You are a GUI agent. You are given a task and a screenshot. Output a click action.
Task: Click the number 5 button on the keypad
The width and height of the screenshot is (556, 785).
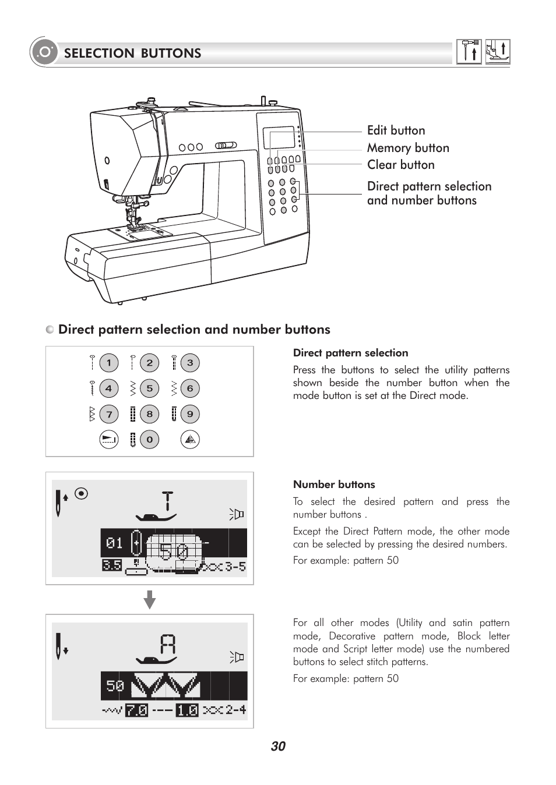tap(149, 388)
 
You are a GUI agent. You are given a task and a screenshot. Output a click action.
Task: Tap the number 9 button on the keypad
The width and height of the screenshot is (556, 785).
tap(190, 414)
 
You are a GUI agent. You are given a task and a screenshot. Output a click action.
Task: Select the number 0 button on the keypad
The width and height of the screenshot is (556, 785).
tap(149, 440)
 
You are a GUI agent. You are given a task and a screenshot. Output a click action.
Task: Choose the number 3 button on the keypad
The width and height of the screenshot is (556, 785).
tap(190, 363)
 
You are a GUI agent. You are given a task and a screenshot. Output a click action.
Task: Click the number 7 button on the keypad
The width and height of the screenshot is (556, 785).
tap(108, 414)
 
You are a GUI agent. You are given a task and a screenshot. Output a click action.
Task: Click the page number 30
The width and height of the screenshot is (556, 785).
tap(278, 747)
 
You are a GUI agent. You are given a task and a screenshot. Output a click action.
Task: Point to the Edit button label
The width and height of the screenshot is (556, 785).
tap(396, 130)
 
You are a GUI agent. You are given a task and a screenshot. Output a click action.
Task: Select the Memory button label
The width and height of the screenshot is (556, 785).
tap(408, 148)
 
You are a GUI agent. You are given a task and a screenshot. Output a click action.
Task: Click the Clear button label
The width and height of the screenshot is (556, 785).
tap(400, 165)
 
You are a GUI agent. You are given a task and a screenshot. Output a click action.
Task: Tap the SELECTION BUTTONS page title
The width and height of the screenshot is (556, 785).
tap(132, 53)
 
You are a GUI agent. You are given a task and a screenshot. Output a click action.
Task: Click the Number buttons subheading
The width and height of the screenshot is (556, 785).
tap(334, 485)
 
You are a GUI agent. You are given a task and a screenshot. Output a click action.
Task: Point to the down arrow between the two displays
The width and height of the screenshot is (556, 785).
tap(150, 599)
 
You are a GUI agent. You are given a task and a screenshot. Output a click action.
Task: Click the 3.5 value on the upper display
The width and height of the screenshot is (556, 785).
tap(112, 565)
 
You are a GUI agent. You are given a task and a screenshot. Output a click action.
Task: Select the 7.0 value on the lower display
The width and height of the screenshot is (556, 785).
tap(136, 710)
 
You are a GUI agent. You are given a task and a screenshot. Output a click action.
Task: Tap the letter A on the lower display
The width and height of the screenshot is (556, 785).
tap(168, 645)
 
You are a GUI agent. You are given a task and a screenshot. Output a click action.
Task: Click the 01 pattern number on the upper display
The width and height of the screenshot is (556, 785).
tap(115, 543)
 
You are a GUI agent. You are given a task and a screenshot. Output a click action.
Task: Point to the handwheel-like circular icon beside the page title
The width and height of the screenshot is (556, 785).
tap(44, 53)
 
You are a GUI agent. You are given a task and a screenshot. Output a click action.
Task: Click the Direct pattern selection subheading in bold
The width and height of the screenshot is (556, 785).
tap(350, 353)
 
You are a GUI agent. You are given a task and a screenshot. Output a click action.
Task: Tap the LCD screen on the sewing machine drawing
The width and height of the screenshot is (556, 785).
tap(279, 138)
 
